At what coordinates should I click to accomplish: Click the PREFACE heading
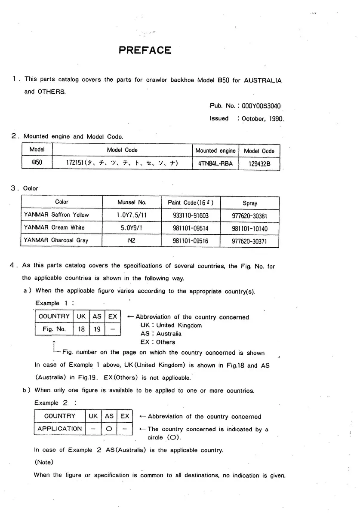pos(145,51)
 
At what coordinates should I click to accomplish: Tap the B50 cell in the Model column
pos(37,163)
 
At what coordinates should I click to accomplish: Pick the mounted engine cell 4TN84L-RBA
pos(215,164)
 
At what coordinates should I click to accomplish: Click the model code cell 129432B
pos(259,164)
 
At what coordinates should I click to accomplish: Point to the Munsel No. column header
pos(132,202)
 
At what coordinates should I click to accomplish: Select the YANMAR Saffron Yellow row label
pos(56,215)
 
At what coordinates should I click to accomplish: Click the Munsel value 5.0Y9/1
pos(132,228)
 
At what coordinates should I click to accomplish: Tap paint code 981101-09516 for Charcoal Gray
pos(190,241)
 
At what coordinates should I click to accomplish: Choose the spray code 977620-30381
pos(249,215)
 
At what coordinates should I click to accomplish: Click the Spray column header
pos(250,203)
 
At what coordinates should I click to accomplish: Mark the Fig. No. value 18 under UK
pos(81,329)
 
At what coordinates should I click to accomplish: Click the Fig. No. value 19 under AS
pos(97,329)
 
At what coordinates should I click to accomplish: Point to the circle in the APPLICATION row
pos(109,429)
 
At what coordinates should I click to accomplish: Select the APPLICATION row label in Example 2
pos(59,429)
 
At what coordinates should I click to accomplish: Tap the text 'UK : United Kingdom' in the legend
pos(171,326)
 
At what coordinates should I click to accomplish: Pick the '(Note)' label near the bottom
pos(43,463)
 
